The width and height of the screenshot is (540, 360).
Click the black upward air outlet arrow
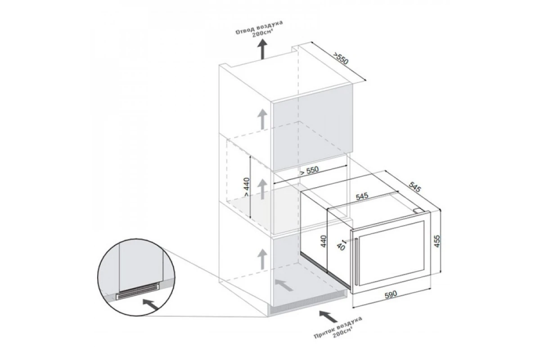pos(262,49)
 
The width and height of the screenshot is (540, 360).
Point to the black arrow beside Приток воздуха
pos(328,316)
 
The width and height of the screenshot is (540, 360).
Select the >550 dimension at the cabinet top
pos(341,58)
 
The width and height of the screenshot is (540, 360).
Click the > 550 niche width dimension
pos(309,171)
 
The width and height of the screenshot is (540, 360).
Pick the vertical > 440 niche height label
pos(247,187)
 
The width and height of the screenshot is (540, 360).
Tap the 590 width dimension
pos(391,294)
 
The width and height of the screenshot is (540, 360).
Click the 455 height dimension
pos(437,241)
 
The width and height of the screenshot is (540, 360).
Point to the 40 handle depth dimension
pos(341,247)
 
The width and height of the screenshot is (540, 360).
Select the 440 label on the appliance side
pos(324,241)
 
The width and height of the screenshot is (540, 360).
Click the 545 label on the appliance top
pos(362,196)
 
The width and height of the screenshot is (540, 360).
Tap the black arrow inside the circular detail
pos(151,304)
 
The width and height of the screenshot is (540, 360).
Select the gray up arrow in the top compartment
pos(262,119)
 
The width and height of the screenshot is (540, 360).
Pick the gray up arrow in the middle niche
pos(262,189)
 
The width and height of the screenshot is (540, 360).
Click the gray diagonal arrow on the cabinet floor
pos(284,285)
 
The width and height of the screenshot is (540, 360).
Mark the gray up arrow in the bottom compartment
pos(262,259)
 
